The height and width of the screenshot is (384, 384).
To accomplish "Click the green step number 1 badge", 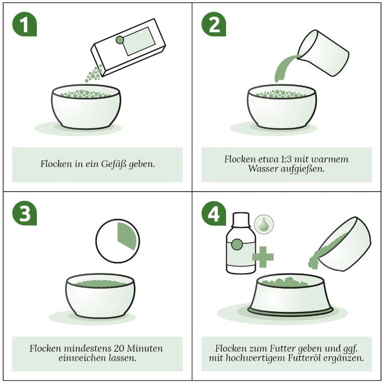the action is coord(25,24).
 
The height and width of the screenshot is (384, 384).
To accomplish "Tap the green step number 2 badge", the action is coord(213,24).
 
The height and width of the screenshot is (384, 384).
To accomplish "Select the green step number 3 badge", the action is coord(25,213).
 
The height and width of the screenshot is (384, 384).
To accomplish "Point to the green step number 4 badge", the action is coord(213,213).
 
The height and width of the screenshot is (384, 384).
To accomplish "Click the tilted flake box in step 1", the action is coord(128,47).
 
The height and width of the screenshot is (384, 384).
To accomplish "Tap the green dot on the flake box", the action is coord(120,40).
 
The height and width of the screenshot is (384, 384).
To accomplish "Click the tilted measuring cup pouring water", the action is coord(323,53).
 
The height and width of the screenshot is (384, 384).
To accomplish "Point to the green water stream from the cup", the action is coord(284,69).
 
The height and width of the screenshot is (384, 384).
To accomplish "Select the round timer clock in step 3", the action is coord(118,241).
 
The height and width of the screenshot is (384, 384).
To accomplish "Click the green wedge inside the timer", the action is coord(126,236).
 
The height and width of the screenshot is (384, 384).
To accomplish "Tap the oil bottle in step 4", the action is coord(241,243).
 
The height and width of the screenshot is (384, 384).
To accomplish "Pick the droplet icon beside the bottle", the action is coord(264,225).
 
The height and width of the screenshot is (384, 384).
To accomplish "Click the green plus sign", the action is coord(263,257).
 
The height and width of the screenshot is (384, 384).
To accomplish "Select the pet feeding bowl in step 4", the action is coord(290,295).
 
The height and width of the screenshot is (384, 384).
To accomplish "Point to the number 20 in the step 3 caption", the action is coord(119,348).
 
